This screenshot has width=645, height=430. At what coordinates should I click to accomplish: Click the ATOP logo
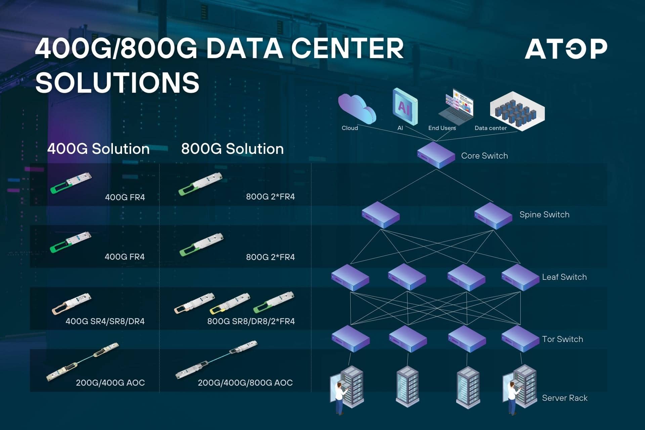click(x=566, y=49)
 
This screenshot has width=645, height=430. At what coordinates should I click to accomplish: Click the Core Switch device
click(x=436, y=155)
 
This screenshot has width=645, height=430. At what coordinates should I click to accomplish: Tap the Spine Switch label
click(x=544, y=215)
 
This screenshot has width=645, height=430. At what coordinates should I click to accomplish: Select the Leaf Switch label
click(x=564, y=277)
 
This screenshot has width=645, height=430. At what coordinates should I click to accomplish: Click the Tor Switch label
click(x=562, y=339)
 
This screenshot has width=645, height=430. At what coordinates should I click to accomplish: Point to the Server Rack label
click(x=565, y=398)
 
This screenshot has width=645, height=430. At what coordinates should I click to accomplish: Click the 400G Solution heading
click(x=98, y=149)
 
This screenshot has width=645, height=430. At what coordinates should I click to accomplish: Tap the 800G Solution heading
click(x=232, y=149)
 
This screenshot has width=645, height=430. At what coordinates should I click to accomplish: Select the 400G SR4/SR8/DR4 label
click(x=105, y=321)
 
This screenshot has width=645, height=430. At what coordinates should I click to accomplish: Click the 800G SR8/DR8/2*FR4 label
click(x=251, y=321)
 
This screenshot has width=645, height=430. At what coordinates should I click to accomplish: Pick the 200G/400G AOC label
click(x=110, y=383)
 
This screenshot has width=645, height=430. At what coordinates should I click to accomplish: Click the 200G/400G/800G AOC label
click(x=245, y=383)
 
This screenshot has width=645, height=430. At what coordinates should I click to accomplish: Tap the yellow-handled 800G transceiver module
click(x=230, y=303)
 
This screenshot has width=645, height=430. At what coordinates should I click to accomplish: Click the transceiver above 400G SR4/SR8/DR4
click(x=72, y=304)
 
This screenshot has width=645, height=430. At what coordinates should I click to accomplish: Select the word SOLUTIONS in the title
click(x=118, y=82)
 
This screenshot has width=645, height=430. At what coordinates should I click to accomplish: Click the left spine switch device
click(x=381, y=215)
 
